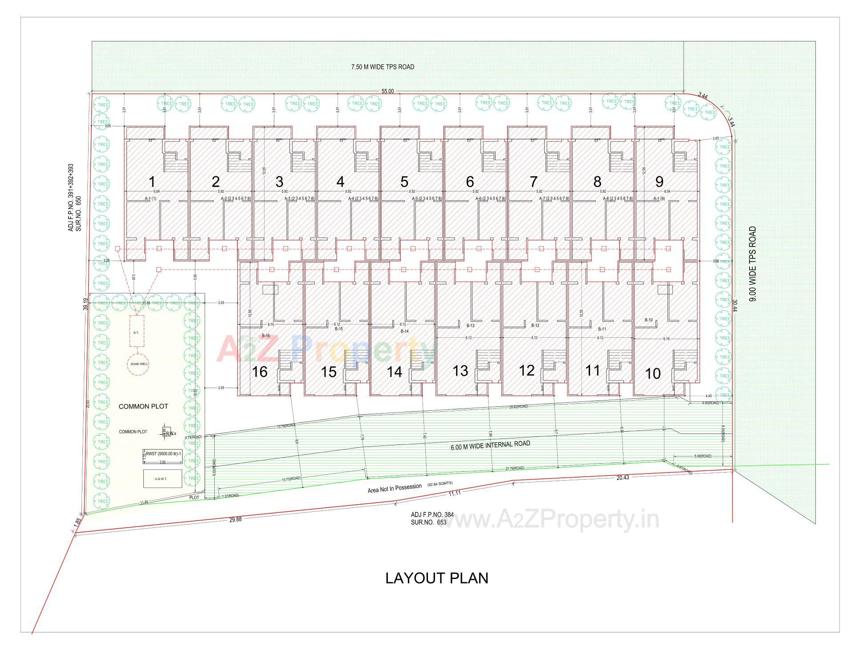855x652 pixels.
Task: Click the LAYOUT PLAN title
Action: (x=436, y=578)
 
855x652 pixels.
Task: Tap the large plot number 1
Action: (x=152, y=182)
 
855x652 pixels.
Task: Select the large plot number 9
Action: (x=660, y=182)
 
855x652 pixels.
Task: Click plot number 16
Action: (x=260, y=372)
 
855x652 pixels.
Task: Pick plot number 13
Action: (x=460, y=371)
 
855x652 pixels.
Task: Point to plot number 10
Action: (x=653, y=373)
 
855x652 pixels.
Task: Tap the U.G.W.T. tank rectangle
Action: (x=163, y=479)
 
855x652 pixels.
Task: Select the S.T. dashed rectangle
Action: (x=137, y=332)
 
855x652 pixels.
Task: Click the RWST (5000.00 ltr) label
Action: (x=163, y=454)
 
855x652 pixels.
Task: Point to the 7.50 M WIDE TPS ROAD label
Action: (x=383, y=67)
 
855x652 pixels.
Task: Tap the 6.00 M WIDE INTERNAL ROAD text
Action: (x=490, y=444)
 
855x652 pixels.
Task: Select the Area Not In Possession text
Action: (x=395, y=488)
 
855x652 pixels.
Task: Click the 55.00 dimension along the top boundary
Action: (x=387, y=91)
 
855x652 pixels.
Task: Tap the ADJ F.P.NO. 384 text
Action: (x=432, y=514)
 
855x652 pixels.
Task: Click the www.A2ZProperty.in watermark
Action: (x=548, y=519)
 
